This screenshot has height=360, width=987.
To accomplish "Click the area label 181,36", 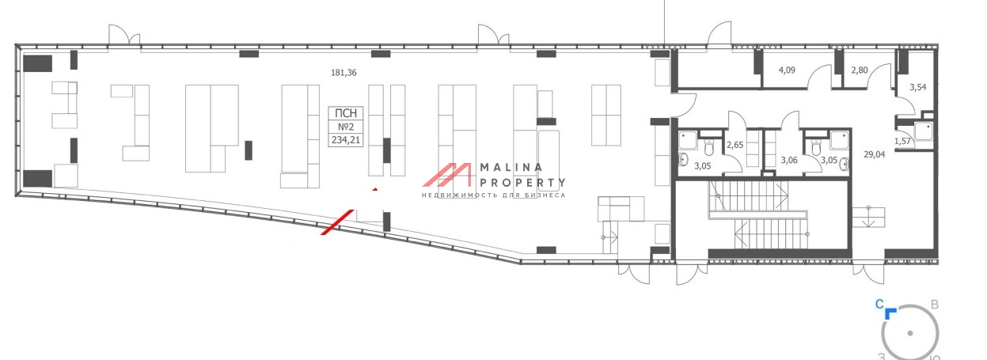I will pyautogui.click(x=344, y=73).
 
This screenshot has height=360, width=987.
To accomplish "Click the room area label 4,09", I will pyautogui.click(x=787, y=70).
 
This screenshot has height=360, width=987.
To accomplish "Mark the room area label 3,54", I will pyautogui.click(x=917, y=87).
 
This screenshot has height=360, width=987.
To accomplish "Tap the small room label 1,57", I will pyautogui.click(x=902, y=141).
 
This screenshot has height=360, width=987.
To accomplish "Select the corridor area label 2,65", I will pyautogui.click(x=735, y=145).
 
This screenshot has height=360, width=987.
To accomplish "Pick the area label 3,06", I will pyautogui.click(x=789, y=161).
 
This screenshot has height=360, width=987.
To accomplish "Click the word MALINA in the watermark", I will pyautogui.click(x=511, y=168).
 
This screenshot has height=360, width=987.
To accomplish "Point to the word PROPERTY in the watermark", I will pyautogui.click(x=522, y=184).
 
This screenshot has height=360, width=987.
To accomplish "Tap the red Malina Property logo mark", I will pyautogui.click(x=449, y=180).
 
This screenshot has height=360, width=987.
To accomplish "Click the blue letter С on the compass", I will pyautogui.click(x=879, y=304).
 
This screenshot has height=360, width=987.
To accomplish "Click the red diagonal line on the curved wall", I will pyautogui.click(x=336, y=222).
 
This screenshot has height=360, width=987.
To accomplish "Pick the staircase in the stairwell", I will pyautogui.click(x=758, y=218).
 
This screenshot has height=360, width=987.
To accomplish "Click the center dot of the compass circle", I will pyautogui.click(x=910, y=334).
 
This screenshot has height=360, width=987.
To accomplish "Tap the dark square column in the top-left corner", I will pyautogui.click(x=37, y=64).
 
